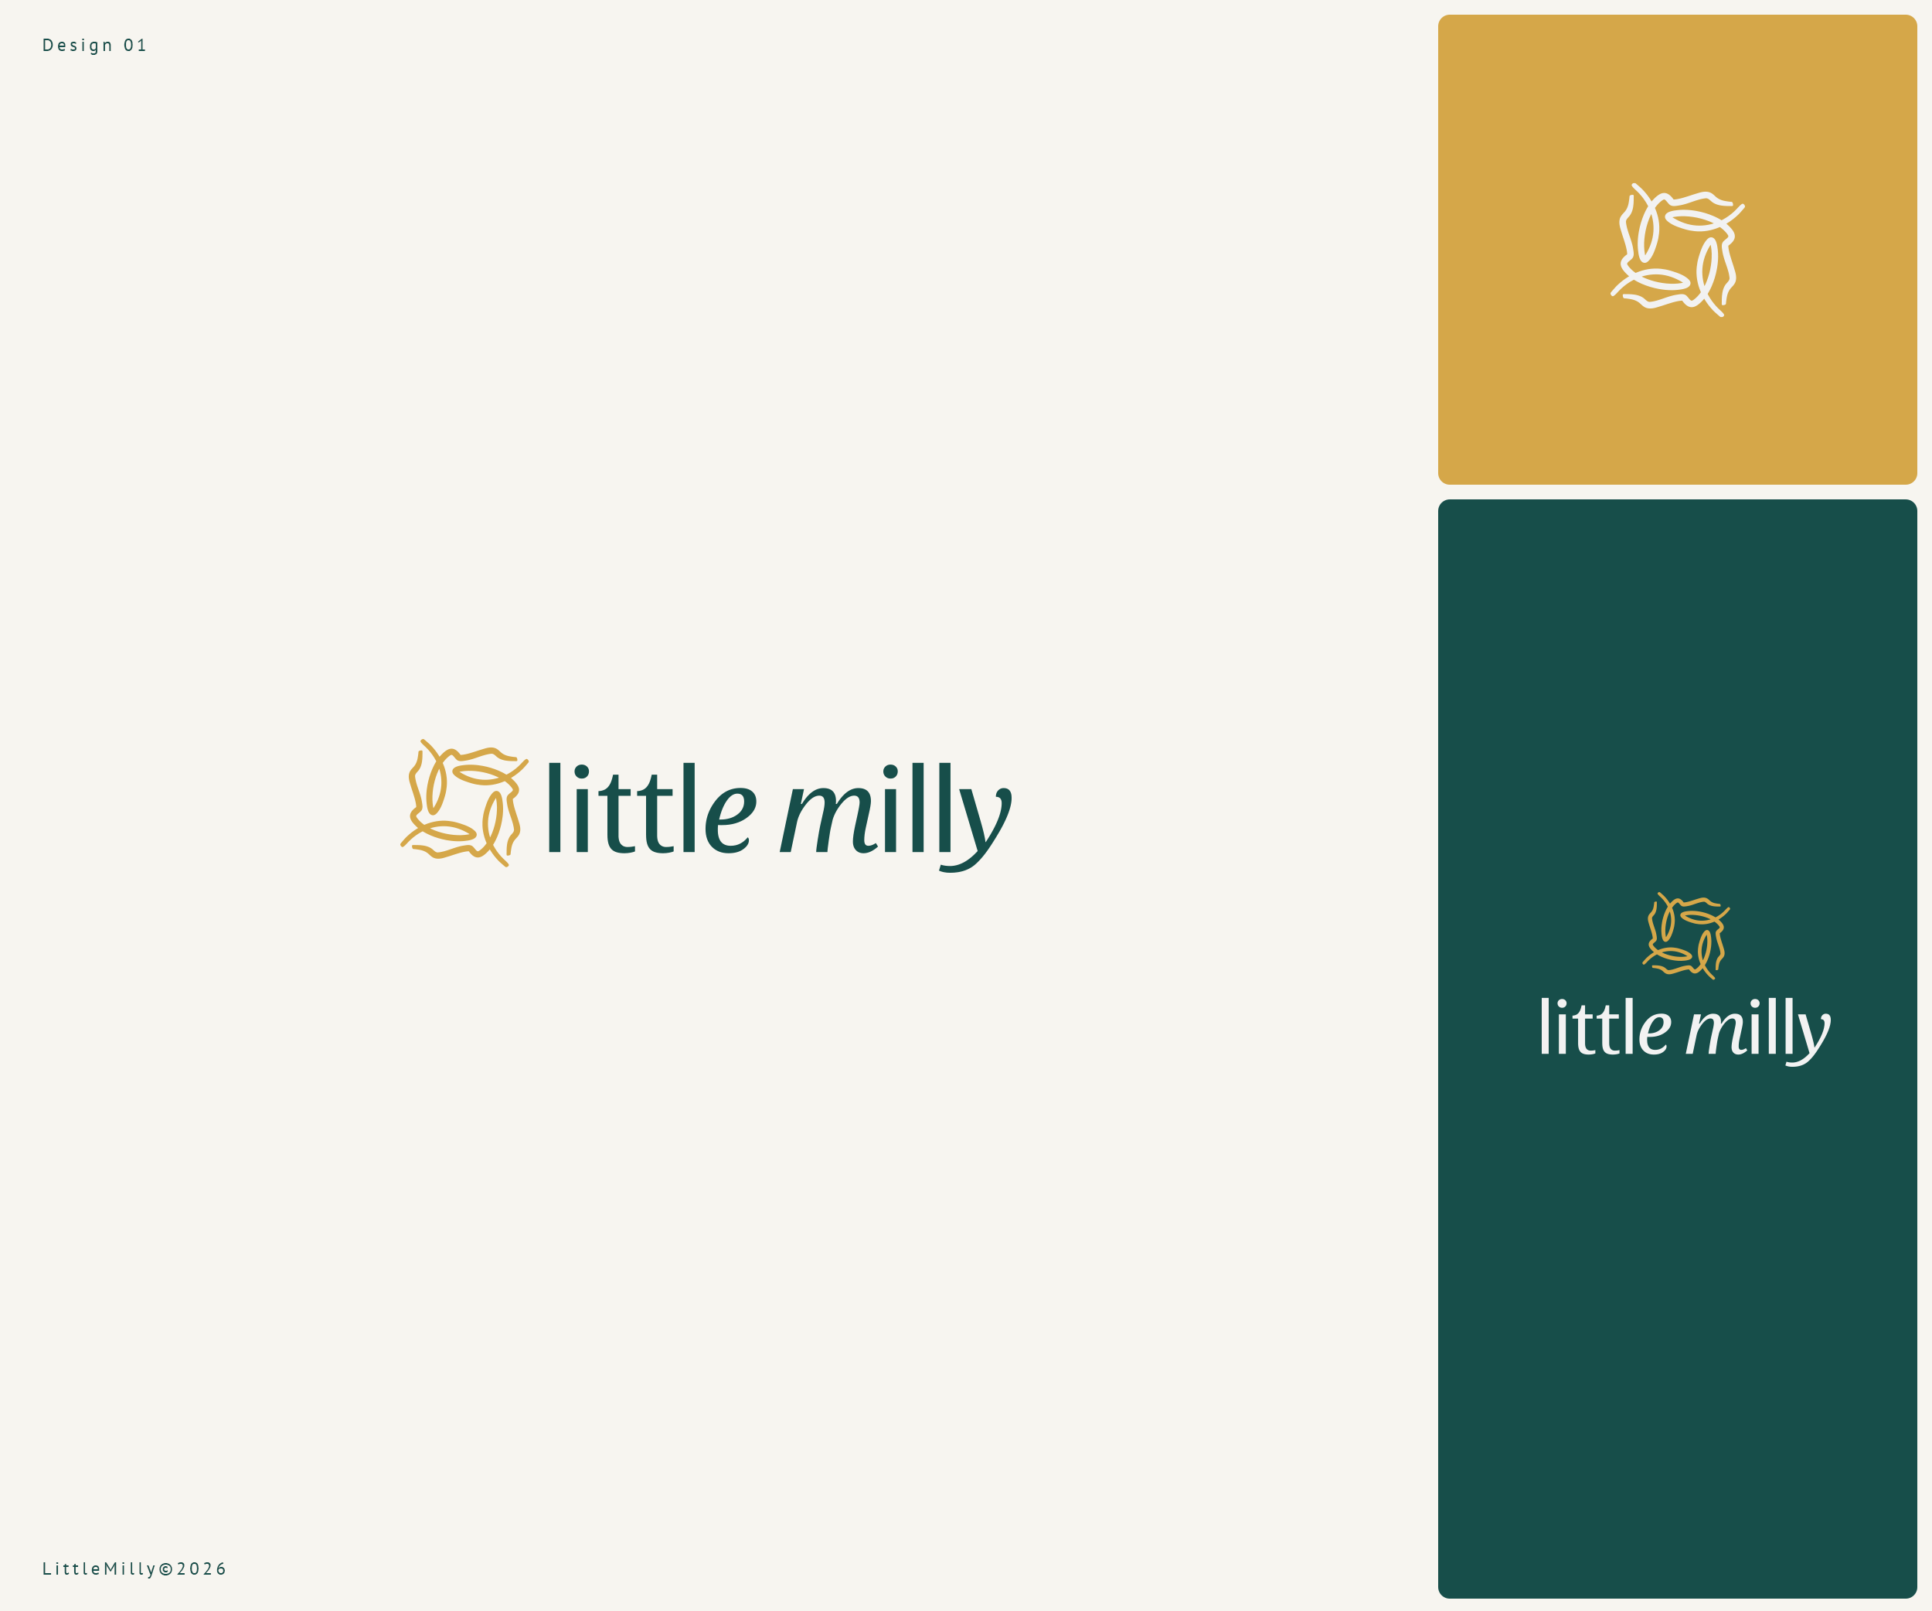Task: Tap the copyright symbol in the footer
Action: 165,1568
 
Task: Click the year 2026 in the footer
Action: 202,1568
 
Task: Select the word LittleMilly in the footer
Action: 100,1568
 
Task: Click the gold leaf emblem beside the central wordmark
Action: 464,803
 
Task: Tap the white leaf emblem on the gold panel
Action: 1677,250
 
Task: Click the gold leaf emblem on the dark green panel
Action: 1685,935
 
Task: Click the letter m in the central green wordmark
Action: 827,819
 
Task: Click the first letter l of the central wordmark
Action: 554,808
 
